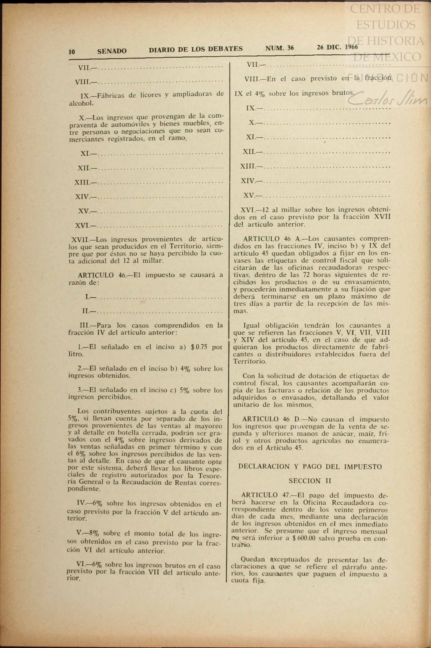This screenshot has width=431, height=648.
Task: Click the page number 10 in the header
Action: coord(72,52)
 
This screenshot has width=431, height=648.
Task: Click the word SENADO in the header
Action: coord(112,51)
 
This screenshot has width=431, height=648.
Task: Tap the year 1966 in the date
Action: coord(351,47)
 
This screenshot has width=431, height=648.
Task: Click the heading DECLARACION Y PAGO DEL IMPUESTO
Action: coord(310,467)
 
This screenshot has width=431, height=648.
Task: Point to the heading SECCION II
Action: coord(310,481)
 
